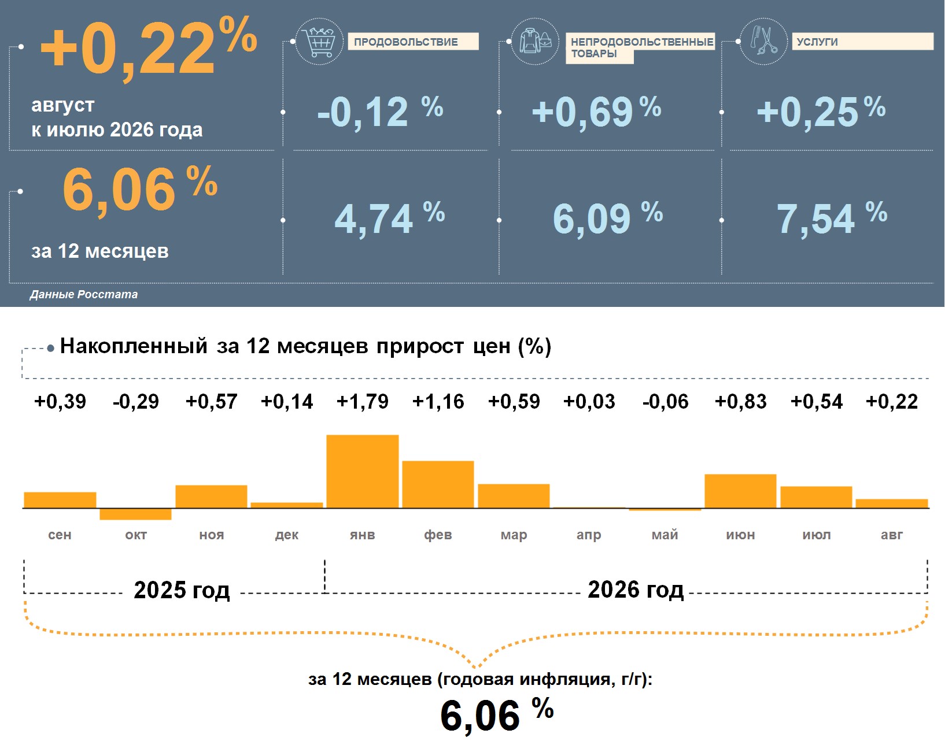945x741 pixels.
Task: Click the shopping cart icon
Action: [x=320, y=41]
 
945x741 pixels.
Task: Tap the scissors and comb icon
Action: [x=763, y=41]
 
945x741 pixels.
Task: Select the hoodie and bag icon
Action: [x=536, y=41]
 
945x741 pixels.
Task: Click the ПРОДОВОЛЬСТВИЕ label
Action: [x=406, y=42]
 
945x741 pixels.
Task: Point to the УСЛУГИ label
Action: [x=817, y=42]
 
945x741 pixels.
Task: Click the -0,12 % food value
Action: [x=380, y=111]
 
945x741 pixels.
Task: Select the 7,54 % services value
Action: [x=832, y=218]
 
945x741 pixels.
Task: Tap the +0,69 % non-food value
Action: [x=596, y=111]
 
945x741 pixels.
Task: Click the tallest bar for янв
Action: [x=362, y=471]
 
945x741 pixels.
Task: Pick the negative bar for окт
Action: [x=136, y=514]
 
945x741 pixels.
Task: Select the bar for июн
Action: [x=740, y=491]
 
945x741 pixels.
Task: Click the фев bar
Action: [x=438, y=484]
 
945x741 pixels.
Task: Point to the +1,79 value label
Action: [x=362, y=401]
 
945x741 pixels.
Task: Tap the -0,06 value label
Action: [x=665, y=401]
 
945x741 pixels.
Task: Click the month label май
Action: [x=665, y=535]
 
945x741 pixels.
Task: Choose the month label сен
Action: [x=60, y=535]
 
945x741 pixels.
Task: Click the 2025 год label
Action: [x=182, y=590]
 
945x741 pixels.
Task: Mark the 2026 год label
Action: [x=636, y=590]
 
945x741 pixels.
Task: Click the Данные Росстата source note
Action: [x=83, y=294]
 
